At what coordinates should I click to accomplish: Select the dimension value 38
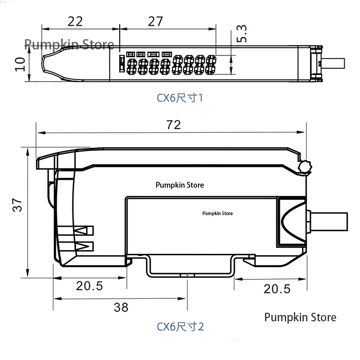tap(121, 307)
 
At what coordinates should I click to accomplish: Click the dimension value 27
tap(155, 21)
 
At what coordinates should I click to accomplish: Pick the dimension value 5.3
tap(242, 34)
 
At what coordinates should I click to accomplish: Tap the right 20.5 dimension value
tap(277, 289)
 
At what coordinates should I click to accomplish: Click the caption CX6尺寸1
tap(180, 98)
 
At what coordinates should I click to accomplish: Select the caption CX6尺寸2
tap(180, 326)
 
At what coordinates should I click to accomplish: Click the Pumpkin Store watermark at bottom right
tap(300, 317)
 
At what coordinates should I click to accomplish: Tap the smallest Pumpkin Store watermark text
tap(218, 214)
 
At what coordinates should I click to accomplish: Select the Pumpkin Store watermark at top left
tap(69, 44)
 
